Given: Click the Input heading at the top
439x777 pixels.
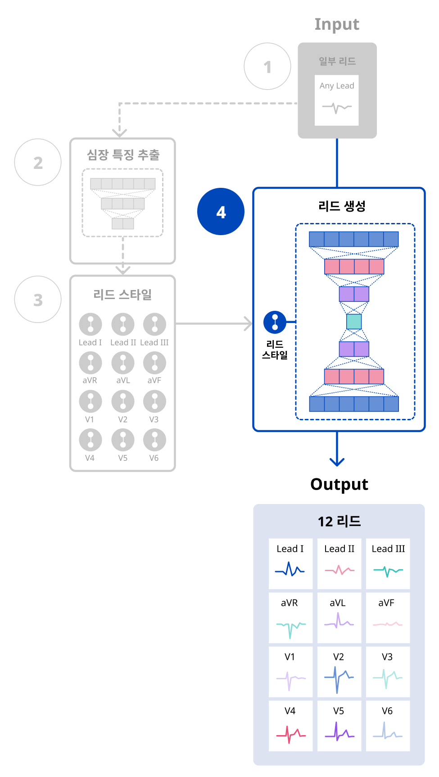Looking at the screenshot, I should tap(337, 24).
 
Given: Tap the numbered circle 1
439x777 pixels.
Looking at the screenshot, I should tap(267, 67).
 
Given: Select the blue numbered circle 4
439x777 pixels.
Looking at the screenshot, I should tap(221, 212).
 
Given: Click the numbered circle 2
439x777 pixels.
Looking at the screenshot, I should tap(38, 162).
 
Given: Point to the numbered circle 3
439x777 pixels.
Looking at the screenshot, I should tap(38, 300).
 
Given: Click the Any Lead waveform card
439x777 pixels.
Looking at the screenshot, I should tap(337, 100).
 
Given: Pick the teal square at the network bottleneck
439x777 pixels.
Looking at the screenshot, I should tap(354, 322).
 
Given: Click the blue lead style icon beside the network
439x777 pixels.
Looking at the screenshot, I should tap(275, 322).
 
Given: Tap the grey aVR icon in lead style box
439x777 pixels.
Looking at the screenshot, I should tap(91, 363).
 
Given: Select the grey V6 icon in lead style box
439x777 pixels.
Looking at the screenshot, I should tap(154, 440).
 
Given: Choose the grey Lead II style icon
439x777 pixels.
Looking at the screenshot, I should tap(123, 324).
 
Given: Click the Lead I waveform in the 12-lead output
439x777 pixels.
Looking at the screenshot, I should tap(290, 569).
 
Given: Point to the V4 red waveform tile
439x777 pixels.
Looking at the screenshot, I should tap(290, 725).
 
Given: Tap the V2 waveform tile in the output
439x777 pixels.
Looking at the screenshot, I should tap(339, 672).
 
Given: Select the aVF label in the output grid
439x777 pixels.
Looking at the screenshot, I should tap(386, 603).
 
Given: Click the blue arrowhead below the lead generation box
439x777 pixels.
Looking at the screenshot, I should tap(337, 462).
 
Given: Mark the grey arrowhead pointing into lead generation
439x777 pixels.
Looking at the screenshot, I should tap(248, 323).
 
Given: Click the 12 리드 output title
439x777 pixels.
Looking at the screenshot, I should tap(339, 521).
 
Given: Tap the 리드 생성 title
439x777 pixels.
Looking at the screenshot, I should tap(342, 206).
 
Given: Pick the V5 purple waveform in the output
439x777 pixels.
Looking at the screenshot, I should tap(339, 732).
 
